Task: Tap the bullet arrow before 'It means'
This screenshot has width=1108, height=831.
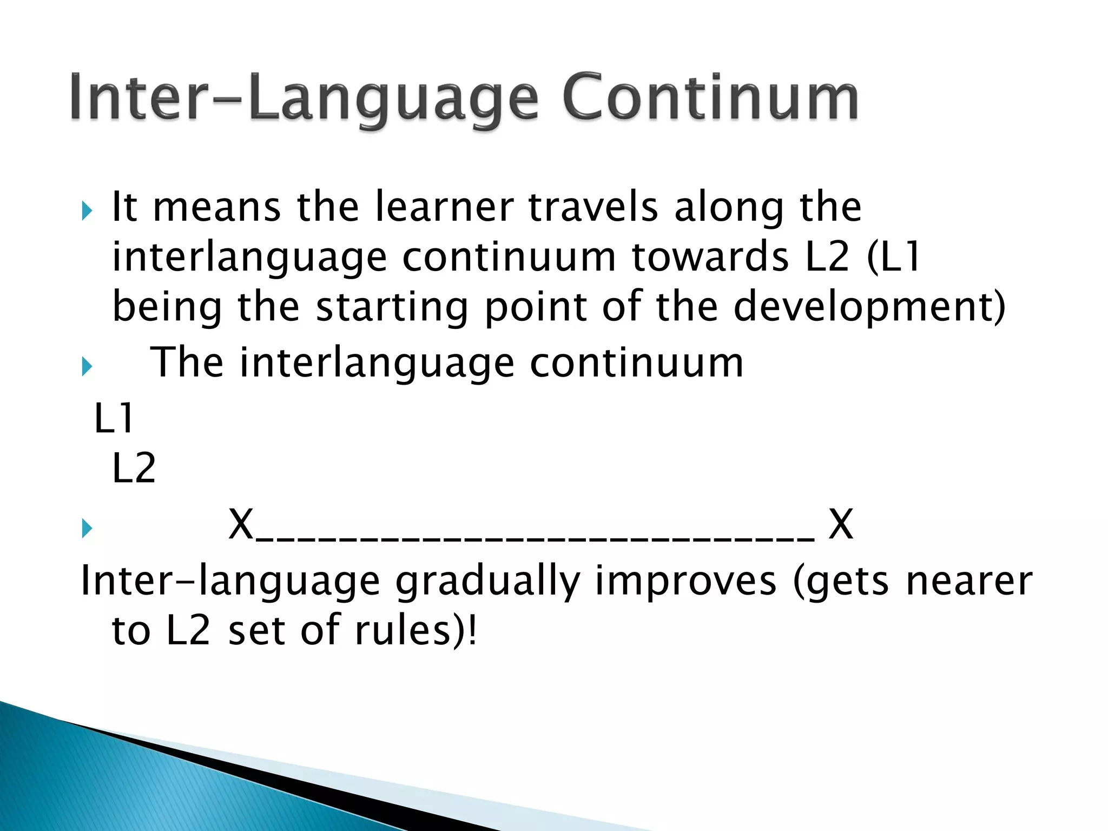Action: click(87, 210)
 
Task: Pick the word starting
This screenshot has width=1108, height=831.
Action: click(392, 307)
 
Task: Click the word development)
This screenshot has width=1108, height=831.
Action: click(869, 307)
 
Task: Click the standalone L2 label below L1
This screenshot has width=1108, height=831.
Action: click(134, 468)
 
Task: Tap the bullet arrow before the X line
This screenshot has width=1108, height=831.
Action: click(87, 528)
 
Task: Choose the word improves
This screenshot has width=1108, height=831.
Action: click(686, 581)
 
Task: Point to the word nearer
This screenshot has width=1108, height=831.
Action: click(968, 582)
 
